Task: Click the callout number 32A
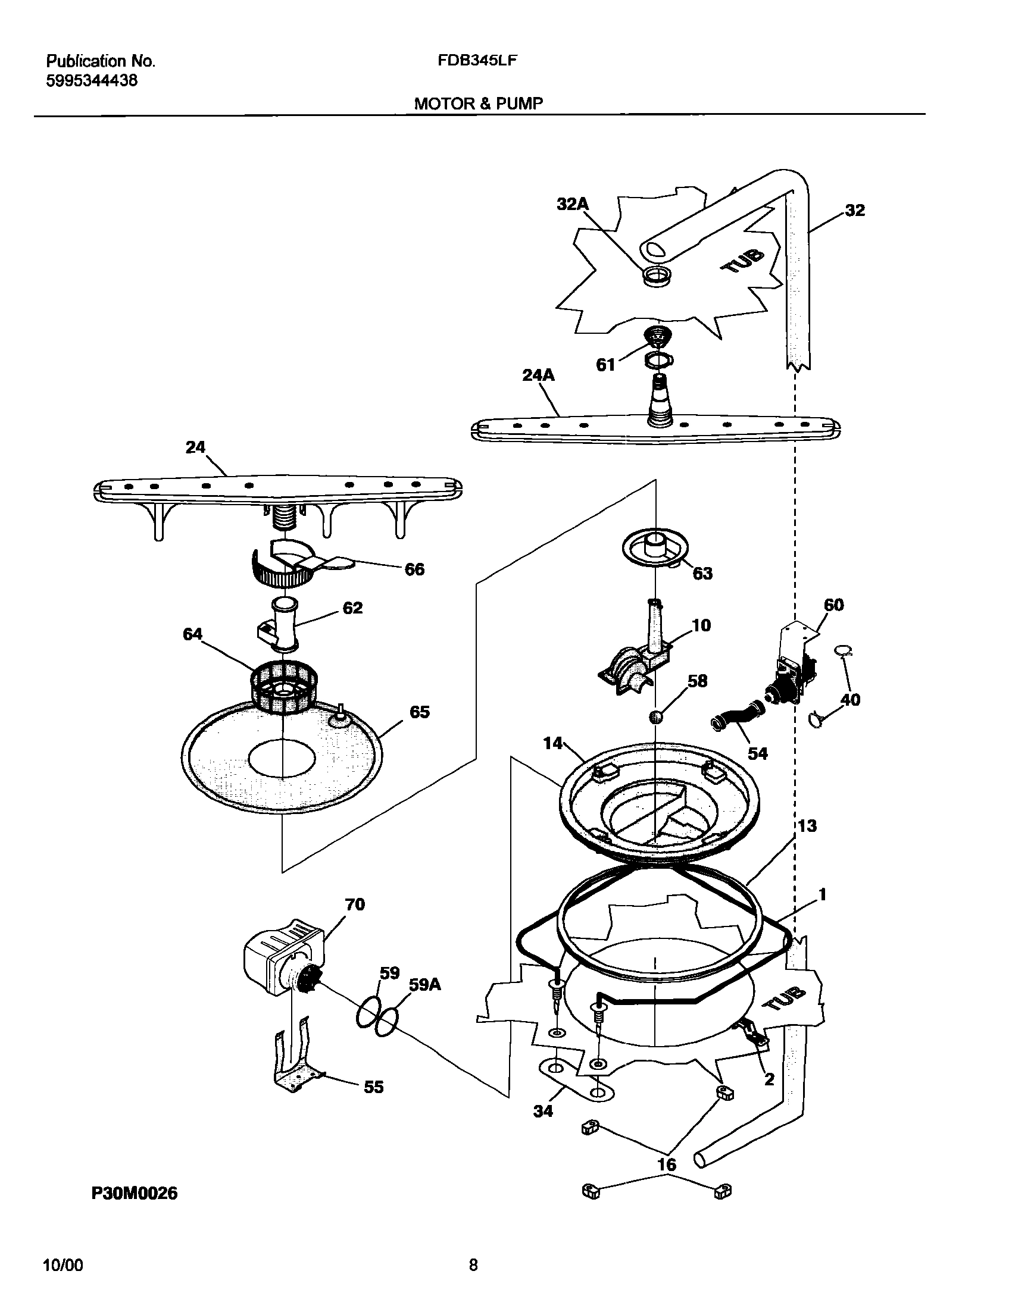click(572, 204)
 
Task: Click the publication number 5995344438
click(92, 81)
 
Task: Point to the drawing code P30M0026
click(135, 1193)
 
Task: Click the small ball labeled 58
click(655, 716)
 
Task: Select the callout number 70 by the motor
click(354, 904)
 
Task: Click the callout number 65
click(419, 712)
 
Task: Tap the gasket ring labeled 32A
click(657, 275)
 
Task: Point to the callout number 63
click(702, 573)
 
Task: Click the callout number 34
click(543, 1110)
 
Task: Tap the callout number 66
click(414, 569)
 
